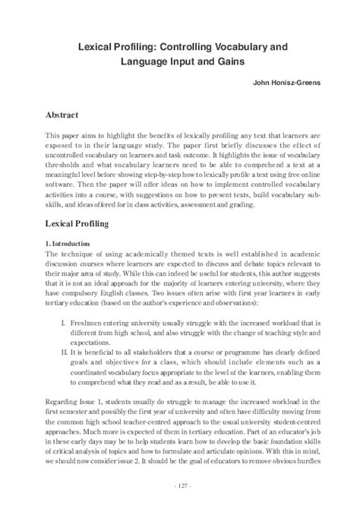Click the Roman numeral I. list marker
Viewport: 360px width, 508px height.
pos(62,333)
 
